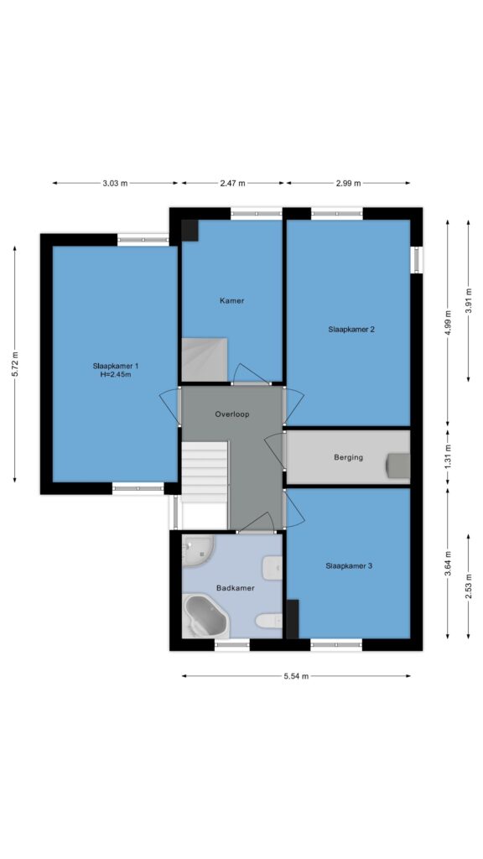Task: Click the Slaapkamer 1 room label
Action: (x=116, y=366)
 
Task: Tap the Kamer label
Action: (x=231, y=301)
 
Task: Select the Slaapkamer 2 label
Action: (x=351, y=329)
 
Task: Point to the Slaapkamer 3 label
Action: (x=349, y=566)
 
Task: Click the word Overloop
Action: (x=232, y=414)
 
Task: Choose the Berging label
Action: (x=348, y=457)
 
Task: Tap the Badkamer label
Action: (x=236, y=588)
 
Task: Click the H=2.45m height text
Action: (x=116, y=375)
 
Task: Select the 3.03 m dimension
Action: (x=115, y=184)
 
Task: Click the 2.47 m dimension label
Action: (x=233, y=184)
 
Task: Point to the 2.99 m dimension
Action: (x=348, y=184)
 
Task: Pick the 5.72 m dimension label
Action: (x=15, y=364)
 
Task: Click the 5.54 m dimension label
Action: (x=296, y=676)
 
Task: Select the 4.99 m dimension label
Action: (x=448, y=323)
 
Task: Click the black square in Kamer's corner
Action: (x=190, y=230)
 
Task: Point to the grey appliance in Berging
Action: (x=398, y=465)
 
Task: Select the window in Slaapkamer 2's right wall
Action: (x=417, y=260)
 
